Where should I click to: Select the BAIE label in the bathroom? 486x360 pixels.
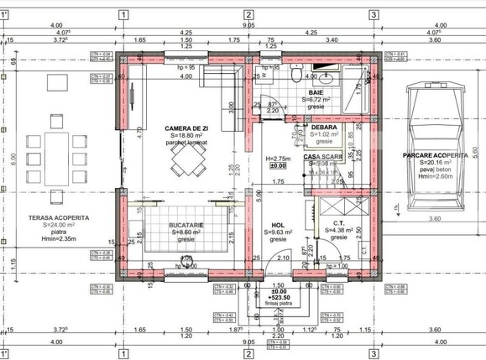tap(316, 92)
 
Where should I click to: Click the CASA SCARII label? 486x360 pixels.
tap(321, 157)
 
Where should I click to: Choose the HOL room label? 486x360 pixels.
tap(277, 225)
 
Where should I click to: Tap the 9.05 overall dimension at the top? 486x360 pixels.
tap(249, 25)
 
